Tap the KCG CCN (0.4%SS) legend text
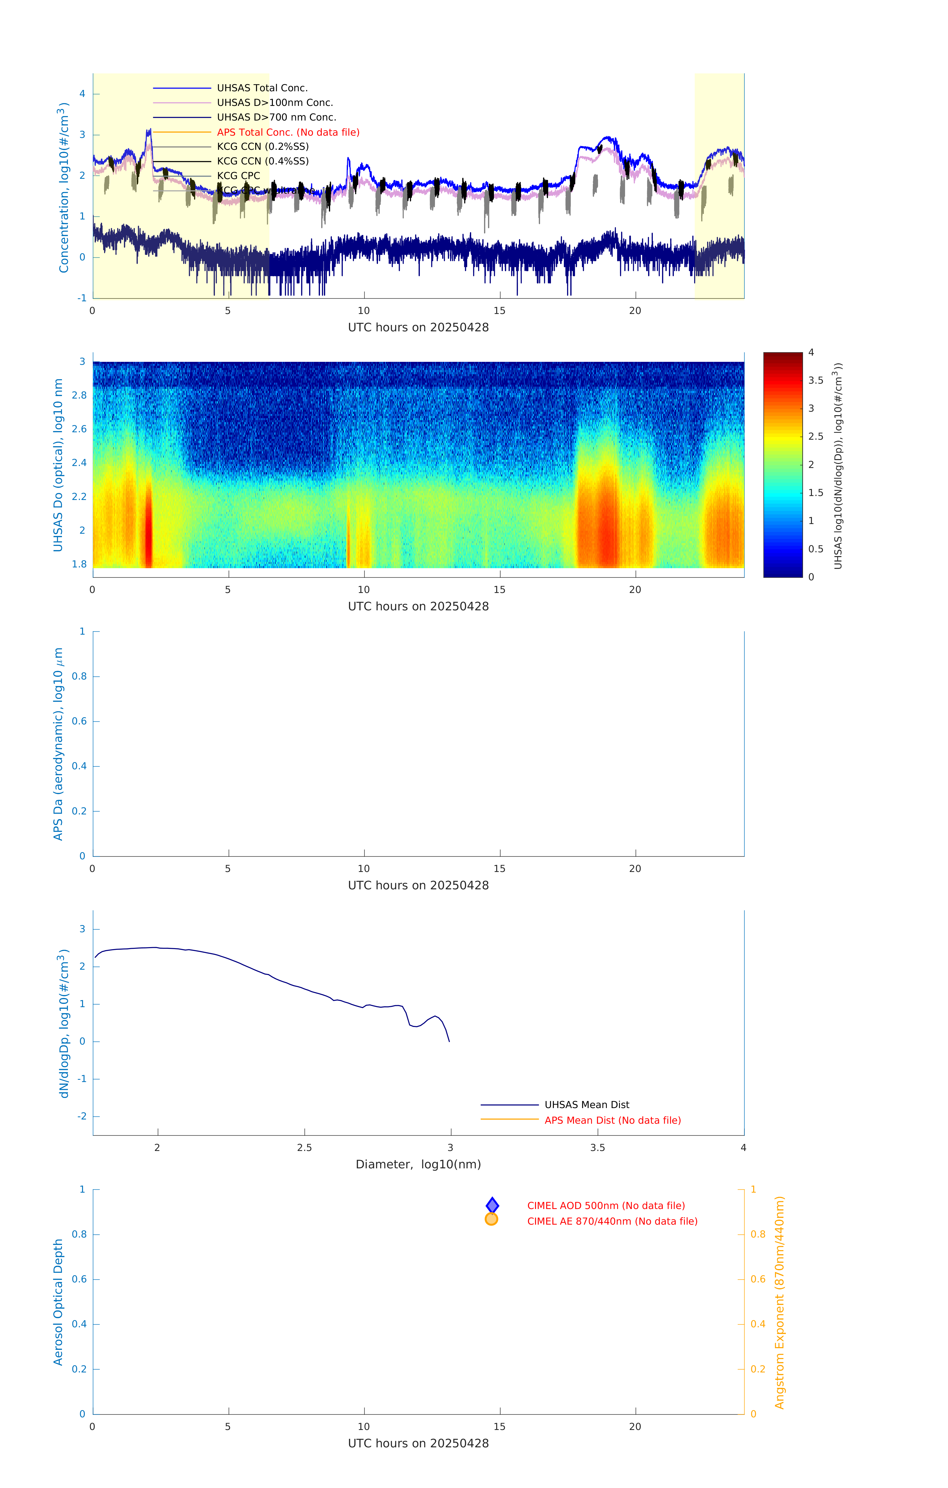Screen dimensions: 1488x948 click(x=262, y=161)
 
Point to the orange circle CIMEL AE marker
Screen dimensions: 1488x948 click(x=492, y=1219)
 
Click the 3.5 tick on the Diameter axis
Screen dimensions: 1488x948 click(x=597, y=1147)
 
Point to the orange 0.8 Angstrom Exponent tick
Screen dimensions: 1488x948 click(x=758, y=1234)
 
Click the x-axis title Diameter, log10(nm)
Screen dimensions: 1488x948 click(x=418, y=1164)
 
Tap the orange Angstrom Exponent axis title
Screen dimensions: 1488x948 click(x=779, y=1302)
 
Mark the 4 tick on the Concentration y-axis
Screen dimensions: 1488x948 click(x=82, y=94)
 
